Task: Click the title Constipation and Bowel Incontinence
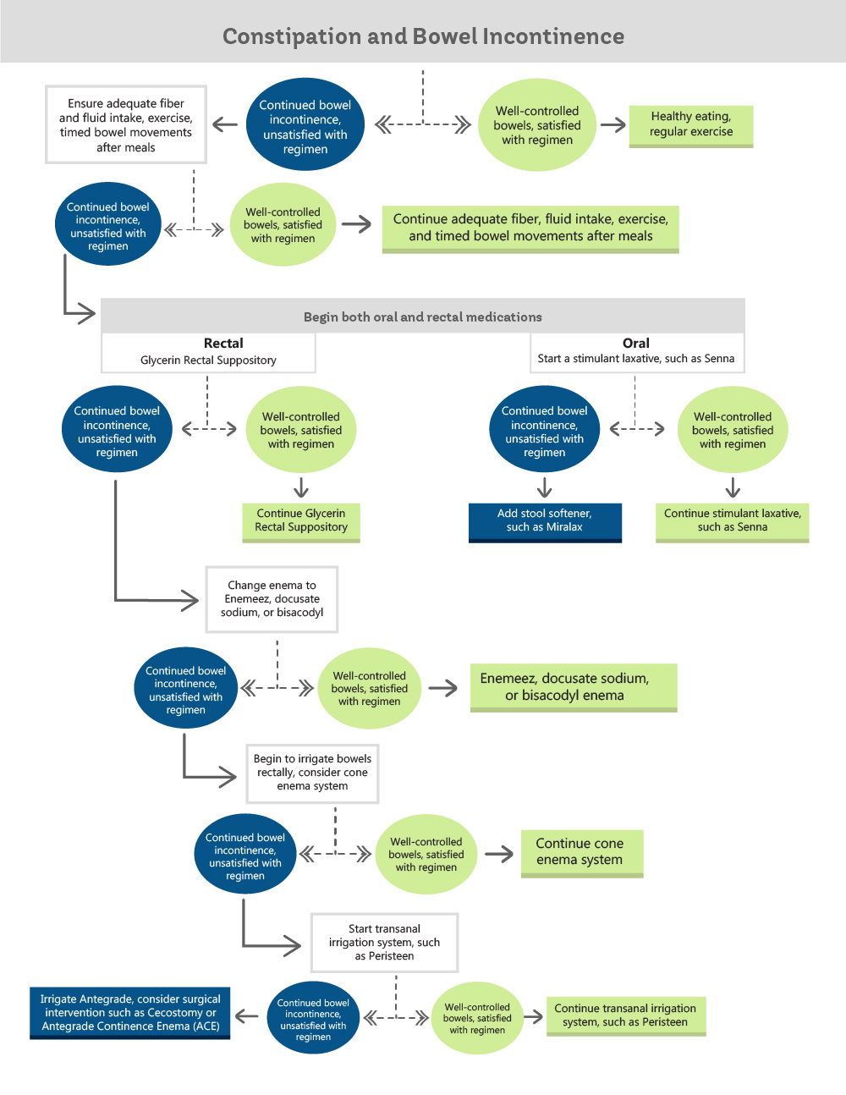click(x=423, y=36)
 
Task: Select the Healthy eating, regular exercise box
click(x=690, y=124)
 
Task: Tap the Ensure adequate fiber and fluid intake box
click(x=126, y=125)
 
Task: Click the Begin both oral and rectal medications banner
click(x=422, y=316)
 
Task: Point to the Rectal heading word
click(x=223, y=344)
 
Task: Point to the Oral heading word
click(x=636, y=344)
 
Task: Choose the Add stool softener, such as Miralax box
click(x=545, y=520)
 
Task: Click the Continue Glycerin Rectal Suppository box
click(x=301, y=520)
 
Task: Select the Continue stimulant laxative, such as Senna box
click(x=732, y=520)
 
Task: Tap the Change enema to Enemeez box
click(x=272, y=599)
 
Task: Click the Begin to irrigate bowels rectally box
click(x=312, y=773)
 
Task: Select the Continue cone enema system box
click(x=581, y=852)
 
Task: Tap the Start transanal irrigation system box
click(x=384, y=942)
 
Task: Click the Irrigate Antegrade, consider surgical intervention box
click(x=130, y=1013)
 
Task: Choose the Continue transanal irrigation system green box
click(x=625, y=1015)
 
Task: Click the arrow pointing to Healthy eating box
click(x=613, y=125)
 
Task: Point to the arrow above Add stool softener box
click(x=545, y=487)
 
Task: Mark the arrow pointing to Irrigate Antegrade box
click(x=247, y=1016)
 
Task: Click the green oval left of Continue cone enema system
click(x=426, y=855)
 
